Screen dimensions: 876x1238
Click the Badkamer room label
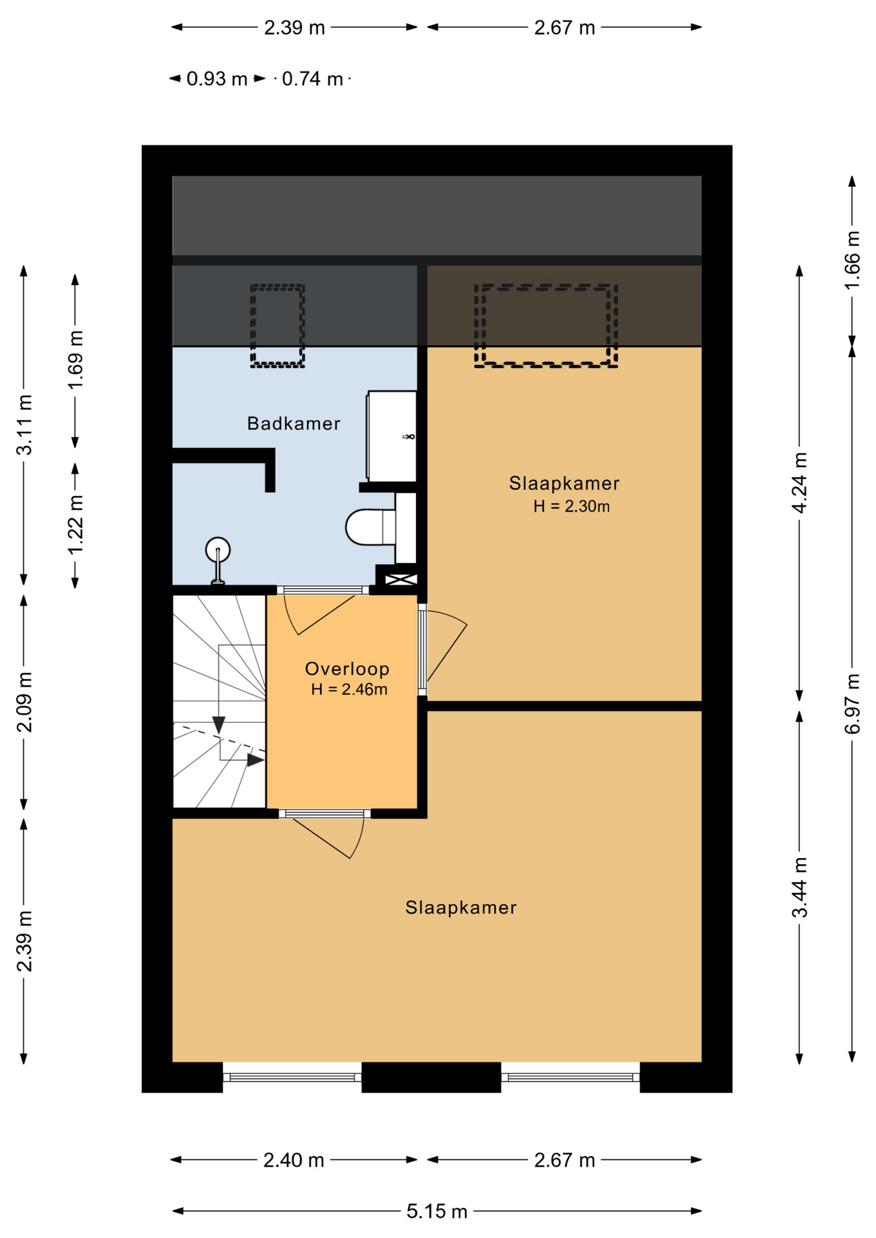pos(294,424)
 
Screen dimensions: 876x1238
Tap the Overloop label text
pos(347,669)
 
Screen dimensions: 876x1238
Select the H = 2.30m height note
pos(571,507)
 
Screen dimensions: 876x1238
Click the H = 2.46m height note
pos(349,690)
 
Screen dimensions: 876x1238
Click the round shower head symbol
pos(218,550)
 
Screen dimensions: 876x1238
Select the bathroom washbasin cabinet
pos(392,436)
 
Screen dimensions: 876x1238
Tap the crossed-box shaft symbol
pos(401,580)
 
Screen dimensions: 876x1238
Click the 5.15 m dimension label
pos(437,1212)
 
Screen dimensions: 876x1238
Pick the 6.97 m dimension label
pos(852,703)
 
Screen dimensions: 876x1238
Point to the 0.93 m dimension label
pos(217,79)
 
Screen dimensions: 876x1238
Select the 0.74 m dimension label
pos(312,79)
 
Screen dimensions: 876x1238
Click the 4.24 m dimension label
pos(799,482)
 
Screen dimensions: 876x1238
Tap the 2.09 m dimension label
pos(24,702)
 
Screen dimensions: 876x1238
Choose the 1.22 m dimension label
pos(75,524)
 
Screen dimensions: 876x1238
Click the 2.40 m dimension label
pos(294,1160)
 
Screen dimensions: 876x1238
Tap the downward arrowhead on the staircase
pos(219,725)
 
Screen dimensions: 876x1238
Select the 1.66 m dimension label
pos(852,260)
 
